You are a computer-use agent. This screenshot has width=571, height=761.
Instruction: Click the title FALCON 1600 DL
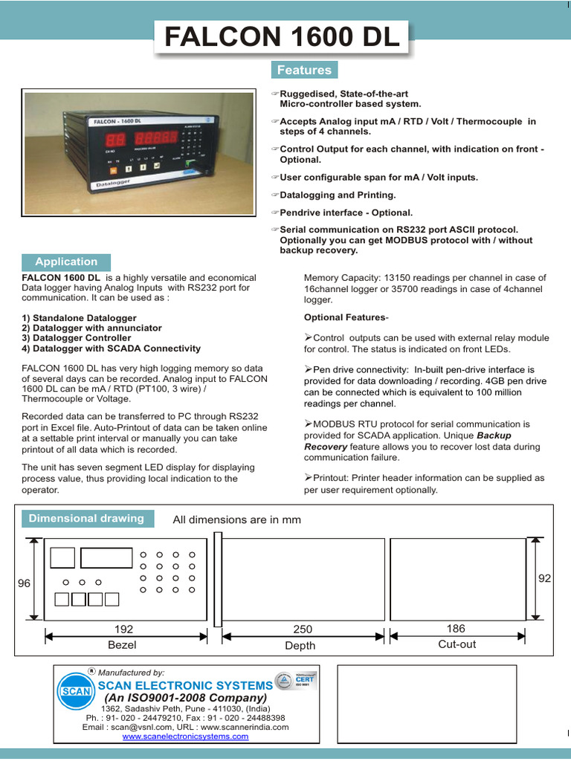[x=282, y=37]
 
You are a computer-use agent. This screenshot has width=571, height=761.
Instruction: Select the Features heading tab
[x=304, y=70]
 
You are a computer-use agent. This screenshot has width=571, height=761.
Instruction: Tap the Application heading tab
[x=66, y=262]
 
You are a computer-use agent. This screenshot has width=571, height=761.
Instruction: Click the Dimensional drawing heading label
[x=86, y=519]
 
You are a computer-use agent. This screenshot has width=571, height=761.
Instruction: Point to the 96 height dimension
[x=24, y=583]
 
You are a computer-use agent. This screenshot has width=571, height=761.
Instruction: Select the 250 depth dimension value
[x=303, y=629]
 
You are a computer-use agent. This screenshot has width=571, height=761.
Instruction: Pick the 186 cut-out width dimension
[x=456, y=629]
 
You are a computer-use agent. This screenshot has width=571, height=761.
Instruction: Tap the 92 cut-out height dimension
[x=544, y=578]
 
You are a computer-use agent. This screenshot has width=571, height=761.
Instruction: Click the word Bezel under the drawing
[x=122, y=645]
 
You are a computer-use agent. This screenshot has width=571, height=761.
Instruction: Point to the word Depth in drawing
[x=300, y=646]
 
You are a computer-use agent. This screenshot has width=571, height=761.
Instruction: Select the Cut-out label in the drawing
[x=457, y=644]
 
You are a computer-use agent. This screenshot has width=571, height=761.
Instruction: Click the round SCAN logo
[x=75, y=690]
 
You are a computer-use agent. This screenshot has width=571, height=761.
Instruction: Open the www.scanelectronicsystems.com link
[x=185, y=736]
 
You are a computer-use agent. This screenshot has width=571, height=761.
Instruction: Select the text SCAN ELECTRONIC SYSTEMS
[x=185, y=685]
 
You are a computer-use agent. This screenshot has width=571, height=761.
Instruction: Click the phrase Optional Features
[x=344, y=317]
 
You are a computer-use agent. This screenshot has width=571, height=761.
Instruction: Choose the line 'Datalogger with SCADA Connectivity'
[x=112, y=349]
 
